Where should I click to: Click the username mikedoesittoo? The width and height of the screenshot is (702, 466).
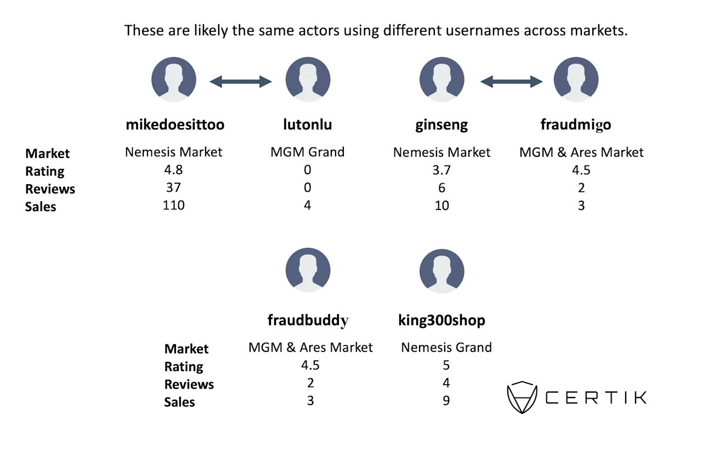point(175,124)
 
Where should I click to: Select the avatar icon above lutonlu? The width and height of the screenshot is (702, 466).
point(308,79)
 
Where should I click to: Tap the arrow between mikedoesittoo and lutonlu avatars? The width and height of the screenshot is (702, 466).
point(241,82)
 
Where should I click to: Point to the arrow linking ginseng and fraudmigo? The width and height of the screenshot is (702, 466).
point(512,82)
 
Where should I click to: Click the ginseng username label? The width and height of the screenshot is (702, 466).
point(441,125)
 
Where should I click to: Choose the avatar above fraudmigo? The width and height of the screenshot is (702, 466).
point(576,79)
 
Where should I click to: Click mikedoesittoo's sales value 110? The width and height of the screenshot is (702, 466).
point(174,205)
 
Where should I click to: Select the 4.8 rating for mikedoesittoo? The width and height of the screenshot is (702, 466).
point(173,170)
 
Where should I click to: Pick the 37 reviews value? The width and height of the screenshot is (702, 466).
point(173,187)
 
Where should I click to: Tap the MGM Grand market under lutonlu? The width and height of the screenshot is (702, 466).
point(308,152)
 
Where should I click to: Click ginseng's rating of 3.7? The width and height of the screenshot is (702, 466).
point(441,170)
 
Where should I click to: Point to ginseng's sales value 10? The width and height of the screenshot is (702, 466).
point(442,206)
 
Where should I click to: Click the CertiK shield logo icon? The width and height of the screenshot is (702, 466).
point(522,397)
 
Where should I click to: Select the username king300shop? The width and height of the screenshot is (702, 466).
point(441,320)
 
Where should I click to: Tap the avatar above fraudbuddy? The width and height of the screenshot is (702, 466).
point(308,270)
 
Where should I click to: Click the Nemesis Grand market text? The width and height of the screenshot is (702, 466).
point(446,348)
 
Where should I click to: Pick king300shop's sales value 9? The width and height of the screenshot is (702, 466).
point(446,401)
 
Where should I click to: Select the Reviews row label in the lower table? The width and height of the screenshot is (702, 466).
point(189,384)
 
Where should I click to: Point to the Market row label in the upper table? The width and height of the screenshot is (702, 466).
point(47,154)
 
